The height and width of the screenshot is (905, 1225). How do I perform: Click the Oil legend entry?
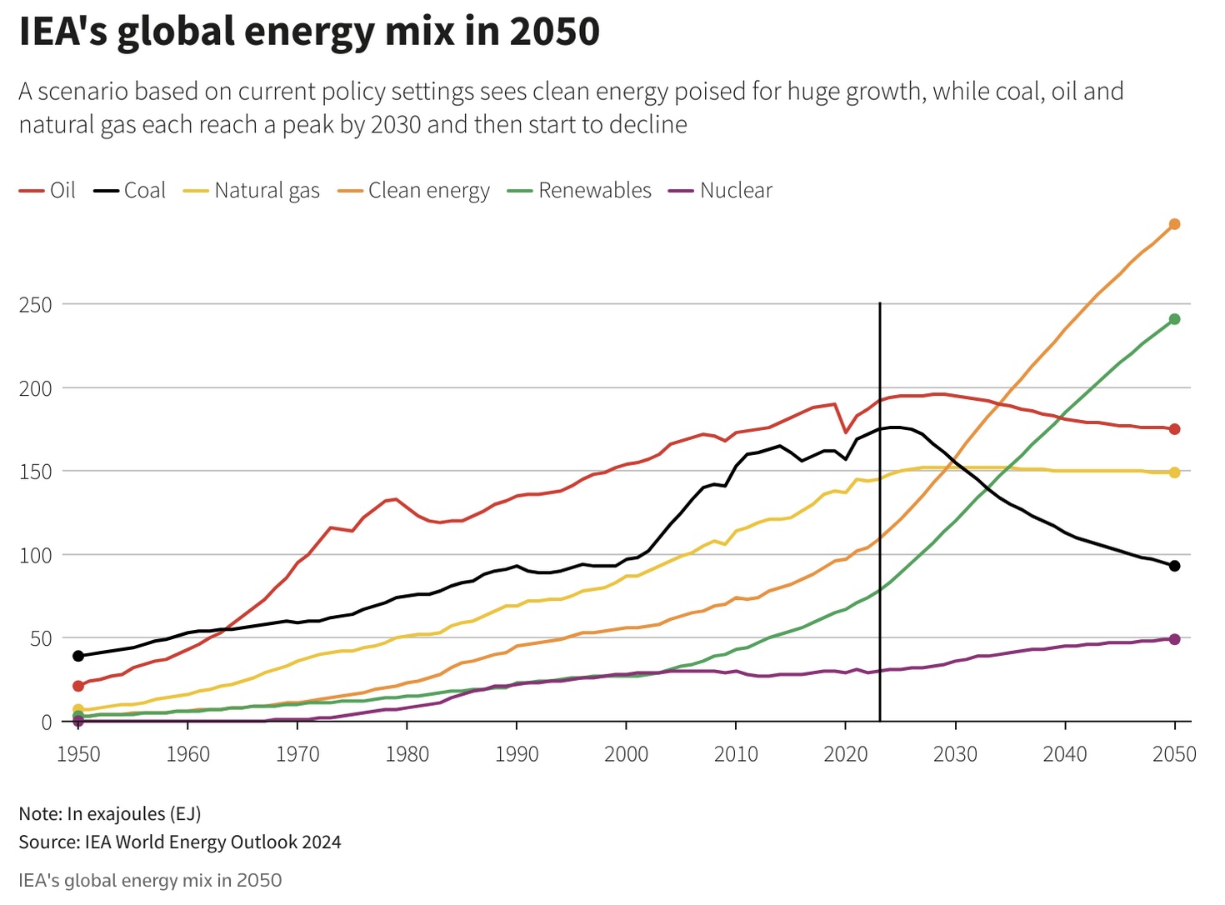[x=48, y=191]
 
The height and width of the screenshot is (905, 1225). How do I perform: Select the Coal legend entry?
[x=131, y=191]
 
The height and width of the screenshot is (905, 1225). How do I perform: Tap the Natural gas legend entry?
[x=252, y=191]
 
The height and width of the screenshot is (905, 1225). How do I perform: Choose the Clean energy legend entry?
[x=414, y=191]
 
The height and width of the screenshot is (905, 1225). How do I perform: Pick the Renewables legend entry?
[x=580, y=191]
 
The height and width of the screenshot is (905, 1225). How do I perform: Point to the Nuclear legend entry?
[x=722, y=191]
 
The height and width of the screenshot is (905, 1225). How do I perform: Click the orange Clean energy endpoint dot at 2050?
[x=1175, y=224]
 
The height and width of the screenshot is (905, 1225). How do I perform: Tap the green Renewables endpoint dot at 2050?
[x=1175, y=319]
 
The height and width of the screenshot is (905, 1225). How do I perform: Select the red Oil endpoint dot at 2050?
[x=1175, y=429]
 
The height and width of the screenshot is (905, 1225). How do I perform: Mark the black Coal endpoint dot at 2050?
[x=1175, y=566]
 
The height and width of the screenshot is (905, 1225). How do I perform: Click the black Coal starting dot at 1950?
[x=78, y=656]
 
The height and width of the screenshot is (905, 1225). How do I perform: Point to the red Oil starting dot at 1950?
[x=78, y=686]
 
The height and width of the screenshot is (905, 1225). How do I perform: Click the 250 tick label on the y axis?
[x=36, y=305]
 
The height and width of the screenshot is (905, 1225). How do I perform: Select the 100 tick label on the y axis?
[x=36, y=555]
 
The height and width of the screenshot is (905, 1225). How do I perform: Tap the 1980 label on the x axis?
[x=407, y=754]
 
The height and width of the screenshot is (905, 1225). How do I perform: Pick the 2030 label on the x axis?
[x=955, y=754]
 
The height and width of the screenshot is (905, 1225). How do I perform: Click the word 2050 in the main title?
[x=554, y=32]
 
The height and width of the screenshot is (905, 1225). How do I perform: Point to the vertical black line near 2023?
[x=880, y=500]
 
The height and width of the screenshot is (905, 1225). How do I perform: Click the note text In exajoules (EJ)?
[x=110, y=813]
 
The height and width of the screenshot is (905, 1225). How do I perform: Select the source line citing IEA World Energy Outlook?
[x=180, y=842]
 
